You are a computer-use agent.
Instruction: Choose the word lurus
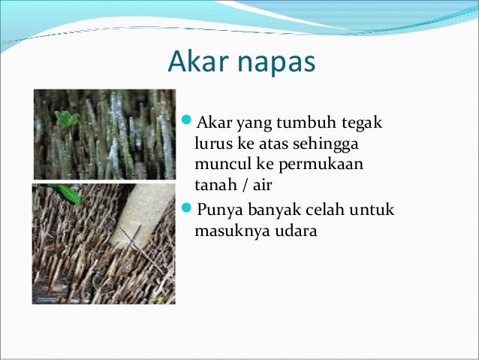tap(212, 144)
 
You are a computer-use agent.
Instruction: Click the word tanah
tap(213, 183)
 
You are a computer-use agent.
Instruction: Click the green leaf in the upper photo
tap(67, 119)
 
